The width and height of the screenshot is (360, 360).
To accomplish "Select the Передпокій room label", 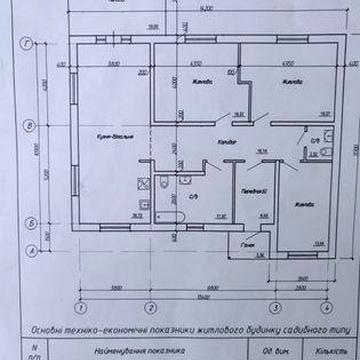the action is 251,191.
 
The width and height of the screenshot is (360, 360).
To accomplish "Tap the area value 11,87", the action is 221,214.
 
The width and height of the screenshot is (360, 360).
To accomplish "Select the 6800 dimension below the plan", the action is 211,287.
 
